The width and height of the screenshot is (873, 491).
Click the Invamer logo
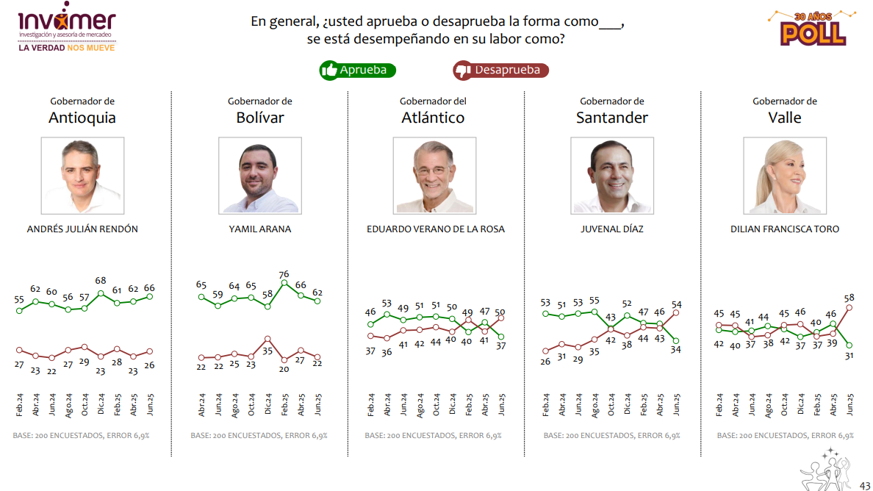click(66, 30)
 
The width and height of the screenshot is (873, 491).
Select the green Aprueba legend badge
click(358, 71)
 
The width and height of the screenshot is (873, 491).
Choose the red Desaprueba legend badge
click(500, 71)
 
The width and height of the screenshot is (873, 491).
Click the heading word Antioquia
click(82, 118)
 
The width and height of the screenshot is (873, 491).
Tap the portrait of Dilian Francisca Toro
click(784, 175)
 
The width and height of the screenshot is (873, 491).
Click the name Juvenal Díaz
click(611, 229)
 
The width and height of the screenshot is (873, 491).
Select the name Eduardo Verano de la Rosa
click(436, 229)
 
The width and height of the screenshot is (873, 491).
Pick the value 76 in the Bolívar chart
click(284, 275)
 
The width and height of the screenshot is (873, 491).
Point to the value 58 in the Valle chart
click(849, 298)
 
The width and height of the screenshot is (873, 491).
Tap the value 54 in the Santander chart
click(676, 304)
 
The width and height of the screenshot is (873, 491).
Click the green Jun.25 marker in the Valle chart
click(849, 345)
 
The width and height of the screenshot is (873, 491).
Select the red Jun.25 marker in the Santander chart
click(676, 312)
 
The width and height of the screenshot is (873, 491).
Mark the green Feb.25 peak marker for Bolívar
click(284, 283)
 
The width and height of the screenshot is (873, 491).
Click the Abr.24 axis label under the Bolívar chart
click(202, 405)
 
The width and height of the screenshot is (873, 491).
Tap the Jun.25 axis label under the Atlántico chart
click(502, 405)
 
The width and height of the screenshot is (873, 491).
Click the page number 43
click(865, 484)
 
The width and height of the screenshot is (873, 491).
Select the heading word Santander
click(612, 118)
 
